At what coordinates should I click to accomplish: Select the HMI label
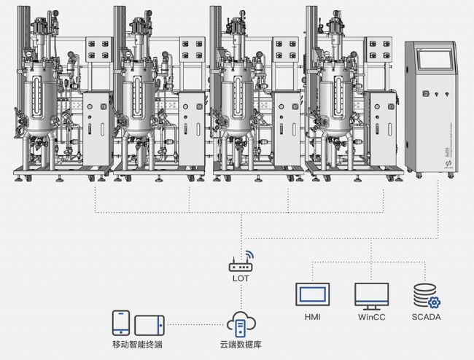point(312,317)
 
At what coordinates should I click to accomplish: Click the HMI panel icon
point(312,294)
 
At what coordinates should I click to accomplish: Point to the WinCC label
point(371,317)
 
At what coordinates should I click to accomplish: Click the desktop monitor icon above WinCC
point(371,295)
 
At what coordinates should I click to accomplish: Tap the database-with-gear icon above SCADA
point(426,295)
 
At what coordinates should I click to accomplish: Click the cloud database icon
point(241,322)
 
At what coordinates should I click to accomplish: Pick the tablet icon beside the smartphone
point(149,323)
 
